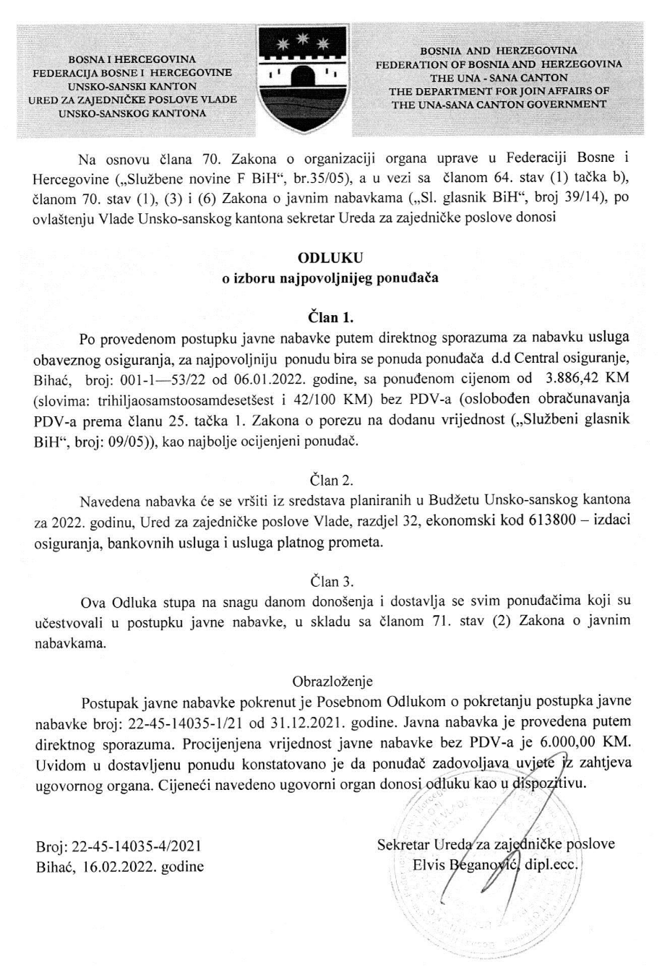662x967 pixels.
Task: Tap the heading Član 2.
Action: pos(330,480)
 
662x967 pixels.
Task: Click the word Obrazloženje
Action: pos(330,682)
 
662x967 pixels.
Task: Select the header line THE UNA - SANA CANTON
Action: pos(499,77)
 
